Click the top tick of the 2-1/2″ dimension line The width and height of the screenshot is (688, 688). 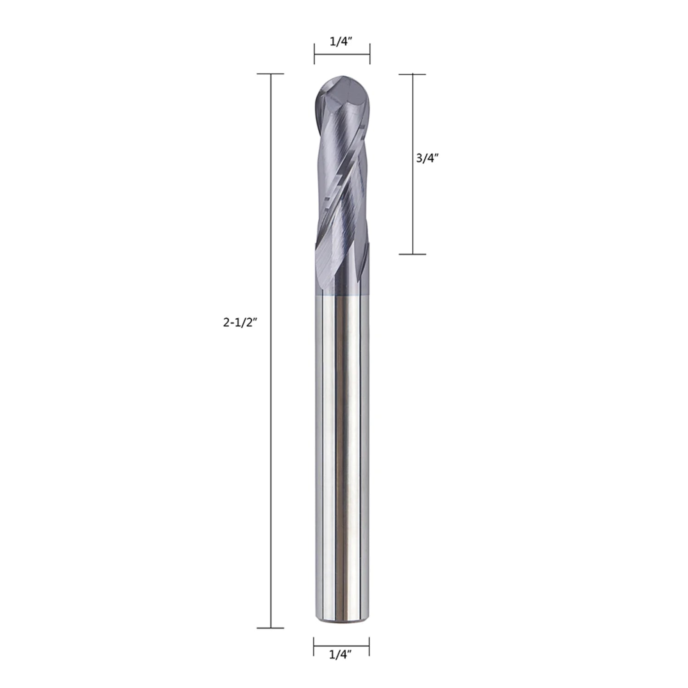pyautogui.click(x=271, y=74)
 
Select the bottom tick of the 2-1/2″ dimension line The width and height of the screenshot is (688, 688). pyautogui.click(x=271, y=627)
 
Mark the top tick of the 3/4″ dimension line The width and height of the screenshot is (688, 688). pyautogui.click(x=413, y=74)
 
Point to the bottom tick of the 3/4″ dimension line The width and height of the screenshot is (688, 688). pyautogui.click(x=413, y=254)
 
